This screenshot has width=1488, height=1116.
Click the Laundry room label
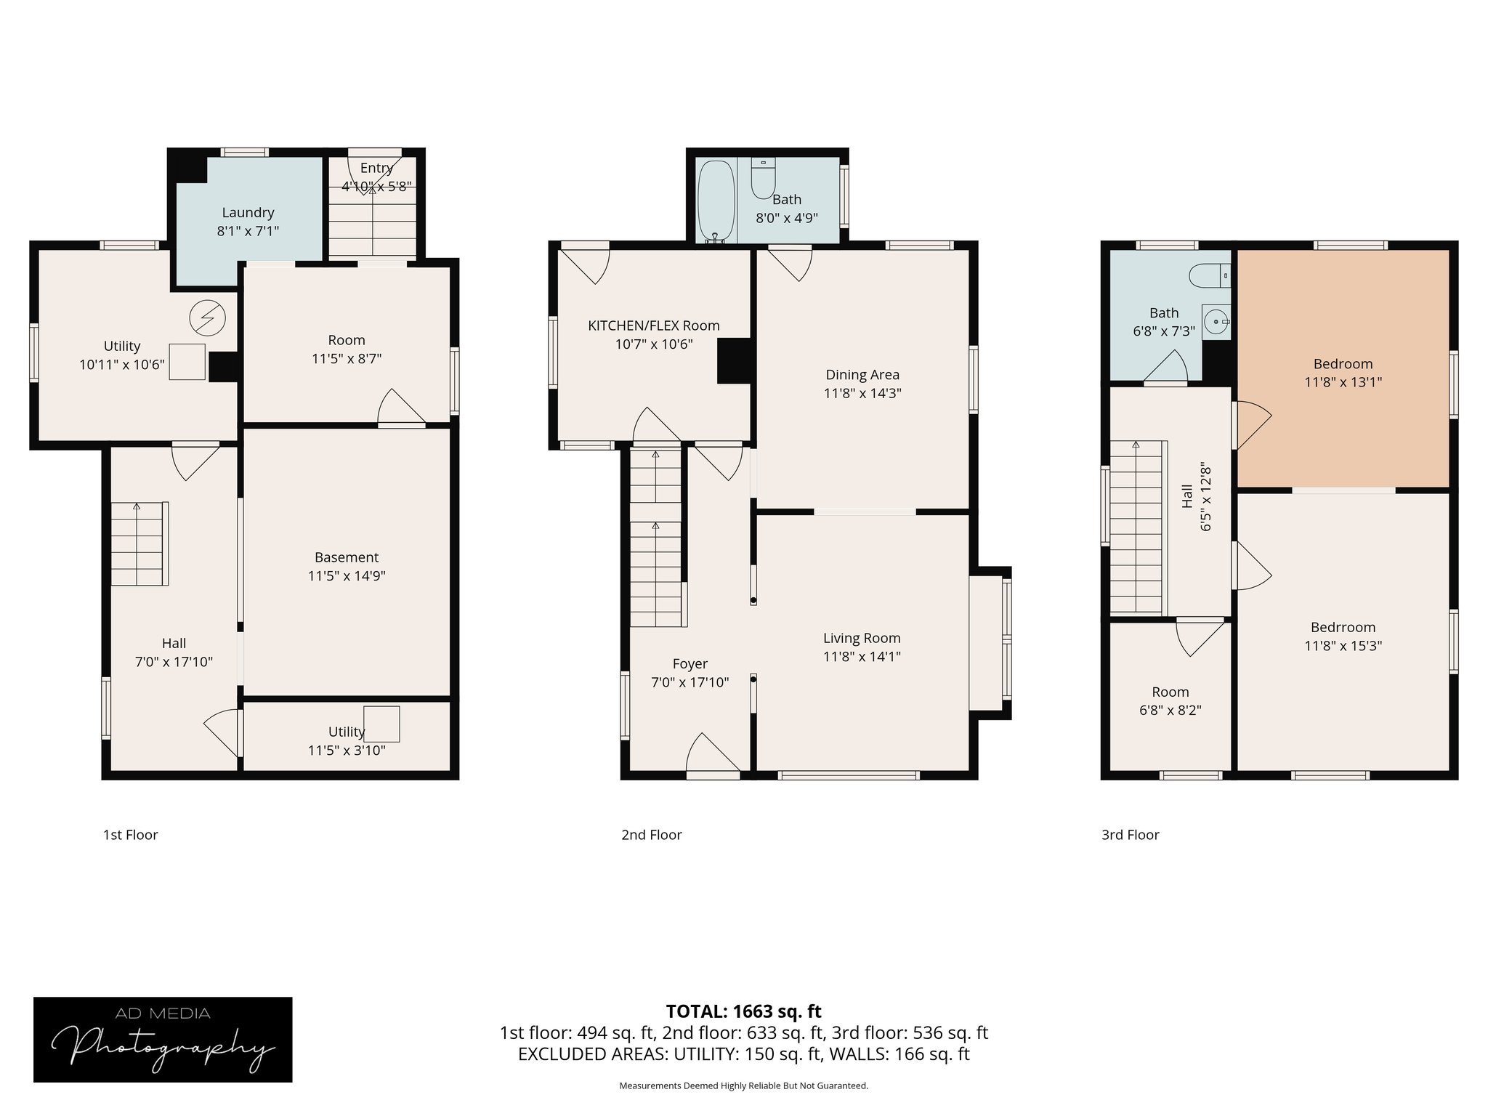tap(248, 213)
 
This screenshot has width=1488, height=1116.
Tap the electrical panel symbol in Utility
tap(208, 318)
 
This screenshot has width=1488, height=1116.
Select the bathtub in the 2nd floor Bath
tap(716, 201)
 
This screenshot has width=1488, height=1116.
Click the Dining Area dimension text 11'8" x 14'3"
tap(862, 393)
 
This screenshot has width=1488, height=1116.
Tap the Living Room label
tap(862, 638)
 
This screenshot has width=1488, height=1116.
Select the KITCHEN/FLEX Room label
tap(653, 325)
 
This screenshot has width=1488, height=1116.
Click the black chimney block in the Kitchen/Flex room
tap(734, 361)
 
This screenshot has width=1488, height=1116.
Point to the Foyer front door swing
tap(712, 756)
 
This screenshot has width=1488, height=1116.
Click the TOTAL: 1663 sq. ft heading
tap(743, 1011)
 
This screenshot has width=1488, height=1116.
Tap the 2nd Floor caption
tap(651, 835)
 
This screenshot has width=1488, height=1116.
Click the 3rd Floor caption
tap(1130, 835)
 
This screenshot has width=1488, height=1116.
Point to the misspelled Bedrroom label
tap(1343, 627)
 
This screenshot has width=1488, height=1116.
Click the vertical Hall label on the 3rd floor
tap(1186, 497)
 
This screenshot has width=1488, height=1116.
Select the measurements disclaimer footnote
tap(743, 1085)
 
